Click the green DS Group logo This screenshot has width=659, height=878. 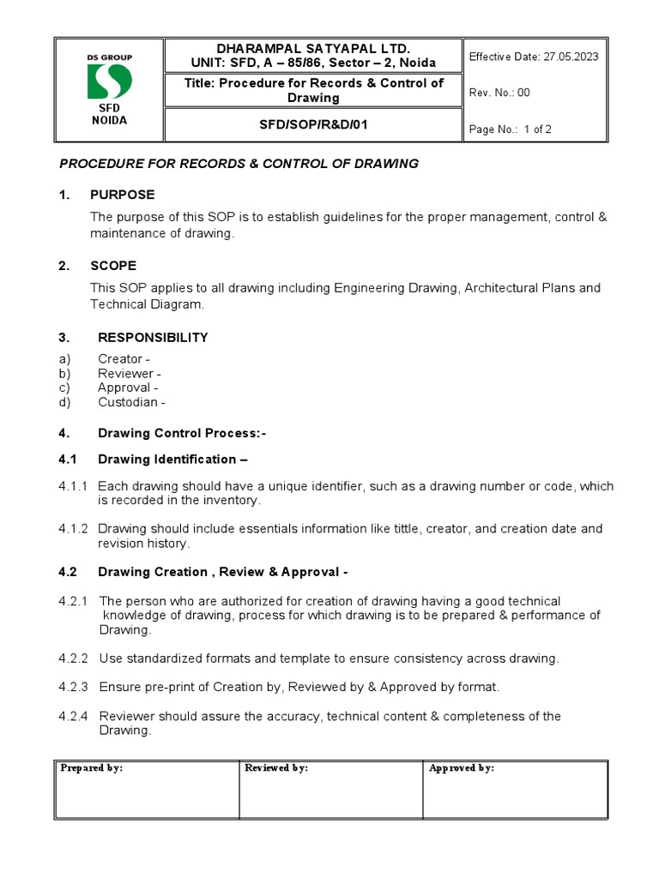(109, 81)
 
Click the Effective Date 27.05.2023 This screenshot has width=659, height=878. (533, 57)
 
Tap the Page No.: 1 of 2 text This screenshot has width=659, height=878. (510, 129)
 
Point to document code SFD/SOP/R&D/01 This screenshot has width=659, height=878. (312, 125)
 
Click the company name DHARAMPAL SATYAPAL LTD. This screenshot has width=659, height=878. (312, 49)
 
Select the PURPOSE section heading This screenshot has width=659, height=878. (126, 195)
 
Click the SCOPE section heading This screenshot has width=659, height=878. (117, 266)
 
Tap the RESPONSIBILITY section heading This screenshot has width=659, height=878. (153, 338)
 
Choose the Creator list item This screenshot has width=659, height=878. (124, 359)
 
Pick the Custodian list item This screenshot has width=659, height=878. (131, 402)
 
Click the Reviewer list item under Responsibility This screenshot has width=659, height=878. (129, 374)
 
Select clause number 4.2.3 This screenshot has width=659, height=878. (74, 687)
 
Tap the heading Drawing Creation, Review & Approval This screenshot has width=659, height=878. (222, 572)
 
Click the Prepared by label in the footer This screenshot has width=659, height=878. (92, 768)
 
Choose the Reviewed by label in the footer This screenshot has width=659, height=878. (276, 768)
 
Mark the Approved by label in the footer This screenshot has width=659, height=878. (462, 768)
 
